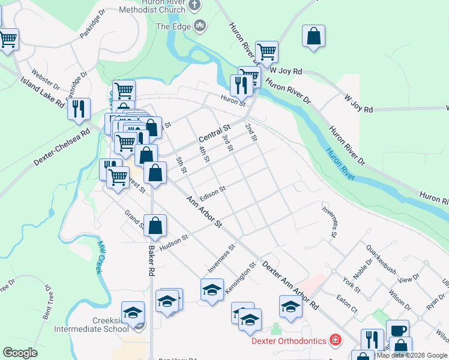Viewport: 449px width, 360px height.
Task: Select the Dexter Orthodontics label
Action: [288, 341]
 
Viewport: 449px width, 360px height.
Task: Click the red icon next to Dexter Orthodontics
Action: [334, 341]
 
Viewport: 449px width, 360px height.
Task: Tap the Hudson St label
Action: [173, 241]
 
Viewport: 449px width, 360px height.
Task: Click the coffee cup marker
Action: [397, 331]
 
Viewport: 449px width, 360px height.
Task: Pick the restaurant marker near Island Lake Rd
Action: [79, 109]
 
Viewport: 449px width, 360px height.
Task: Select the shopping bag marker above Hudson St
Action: [155, 226]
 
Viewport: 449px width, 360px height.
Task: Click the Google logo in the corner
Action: [20, 353]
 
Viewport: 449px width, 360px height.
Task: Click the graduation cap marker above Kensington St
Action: [212, 289]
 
